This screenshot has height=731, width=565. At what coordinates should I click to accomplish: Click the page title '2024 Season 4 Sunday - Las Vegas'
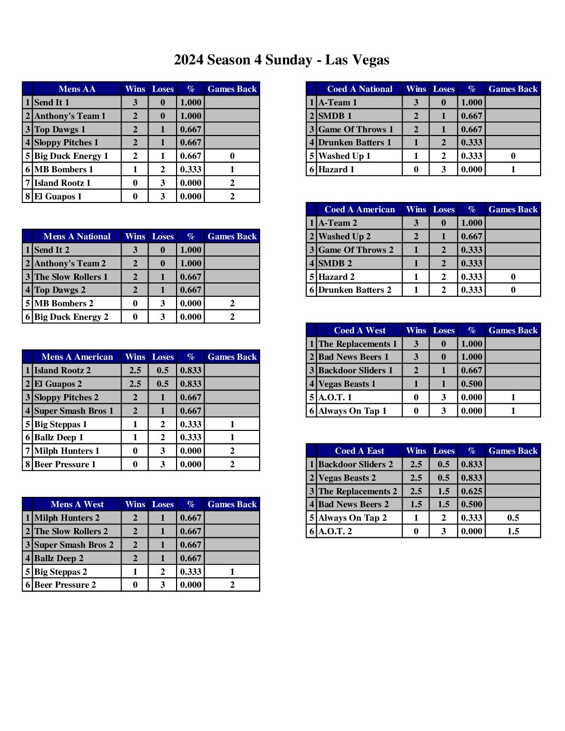pos(281,60)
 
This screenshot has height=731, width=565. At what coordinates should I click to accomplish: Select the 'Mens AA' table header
pos(77,89)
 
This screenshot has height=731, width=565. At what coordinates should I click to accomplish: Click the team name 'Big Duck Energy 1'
pos(71,156)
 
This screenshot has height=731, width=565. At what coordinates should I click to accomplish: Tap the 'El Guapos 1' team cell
pos(58,196)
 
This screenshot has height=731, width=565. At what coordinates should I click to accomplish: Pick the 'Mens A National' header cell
pos(77,236)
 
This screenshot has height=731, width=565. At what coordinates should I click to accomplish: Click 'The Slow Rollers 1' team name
pos(71,277)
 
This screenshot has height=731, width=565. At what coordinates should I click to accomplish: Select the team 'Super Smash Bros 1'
pos(73,411)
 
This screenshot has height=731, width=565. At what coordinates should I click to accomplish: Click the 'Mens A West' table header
pos(77,504)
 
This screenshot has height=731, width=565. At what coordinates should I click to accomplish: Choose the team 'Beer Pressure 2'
pos(65,585)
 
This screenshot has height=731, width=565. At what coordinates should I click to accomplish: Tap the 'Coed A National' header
pos(359,89)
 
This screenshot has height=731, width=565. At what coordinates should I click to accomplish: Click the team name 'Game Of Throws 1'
pos(356,129)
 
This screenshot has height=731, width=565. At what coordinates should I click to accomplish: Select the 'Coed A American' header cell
pos(359,209)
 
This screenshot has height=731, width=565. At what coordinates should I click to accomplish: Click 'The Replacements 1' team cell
pos(357,344)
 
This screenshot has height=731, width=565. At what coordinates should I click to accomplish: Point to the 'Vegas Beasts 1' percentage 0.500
pos(472,384)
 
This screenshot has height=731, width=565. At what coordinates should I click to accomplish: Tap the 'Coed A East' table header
pos(359,451)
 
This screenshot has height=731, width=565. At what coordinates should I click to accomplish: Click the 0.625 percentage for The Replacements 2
pos(472,491)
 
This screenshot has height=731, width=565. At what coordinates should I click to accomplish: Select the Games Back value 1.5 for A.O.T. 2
pos(513,531)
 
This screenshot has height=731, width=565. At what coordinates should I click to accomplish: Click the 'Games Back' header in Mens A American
pos(232,357)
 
